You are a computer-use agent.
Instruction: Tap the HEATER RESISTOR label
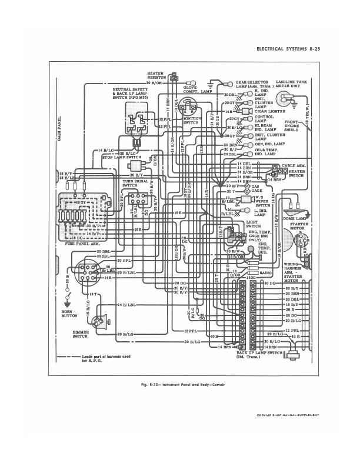pyautogui.click(x=156, y=75)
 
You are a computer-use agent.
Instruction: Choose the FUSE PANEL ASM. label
pyautogui.click(x=75, y=244)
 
